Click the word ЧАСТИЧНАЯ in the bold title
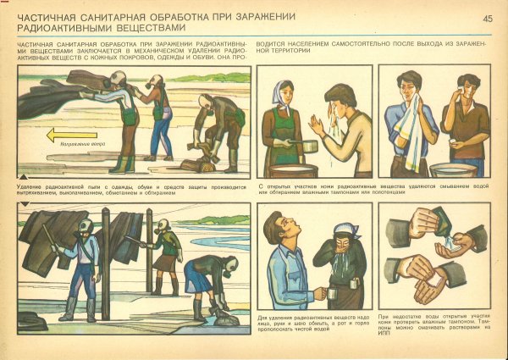(x=50, y=17)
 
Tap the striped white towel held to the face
(x=413, y=119)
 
